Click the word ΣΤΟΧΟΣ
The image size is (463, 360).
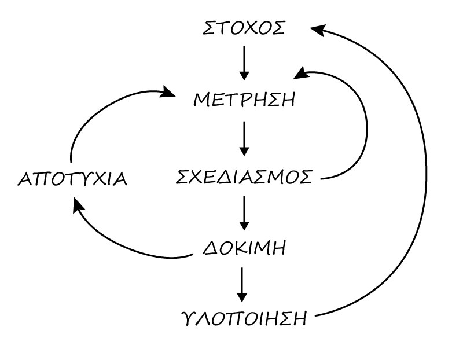(x=244, y=28)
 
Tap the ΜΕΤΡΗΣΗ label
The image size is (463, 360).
(x=244, y=100)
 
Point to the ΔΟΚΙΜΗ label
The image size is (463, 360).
(x=245, y=249)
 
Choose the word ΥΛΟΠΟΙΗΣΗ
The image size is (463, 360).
(x=244, y=318)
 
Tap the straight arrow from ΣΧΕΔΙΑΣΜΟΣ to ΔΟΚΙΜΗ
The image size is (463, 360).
(x=244, y=213)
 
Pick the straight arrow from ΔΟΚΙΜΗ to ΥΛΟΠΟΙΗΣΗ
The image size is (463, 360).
(x=244, y=284)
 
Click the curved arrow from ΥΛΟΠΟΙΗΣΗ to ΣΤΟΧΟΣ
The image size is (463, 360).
(x=425, y=174)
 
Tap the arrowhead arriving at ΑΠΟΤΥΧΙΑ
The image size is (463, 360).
(x=77, y=205)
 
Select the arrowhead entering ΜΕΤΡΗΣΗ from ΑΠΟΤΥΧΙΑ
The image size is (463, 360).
(x=168, y=93)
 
